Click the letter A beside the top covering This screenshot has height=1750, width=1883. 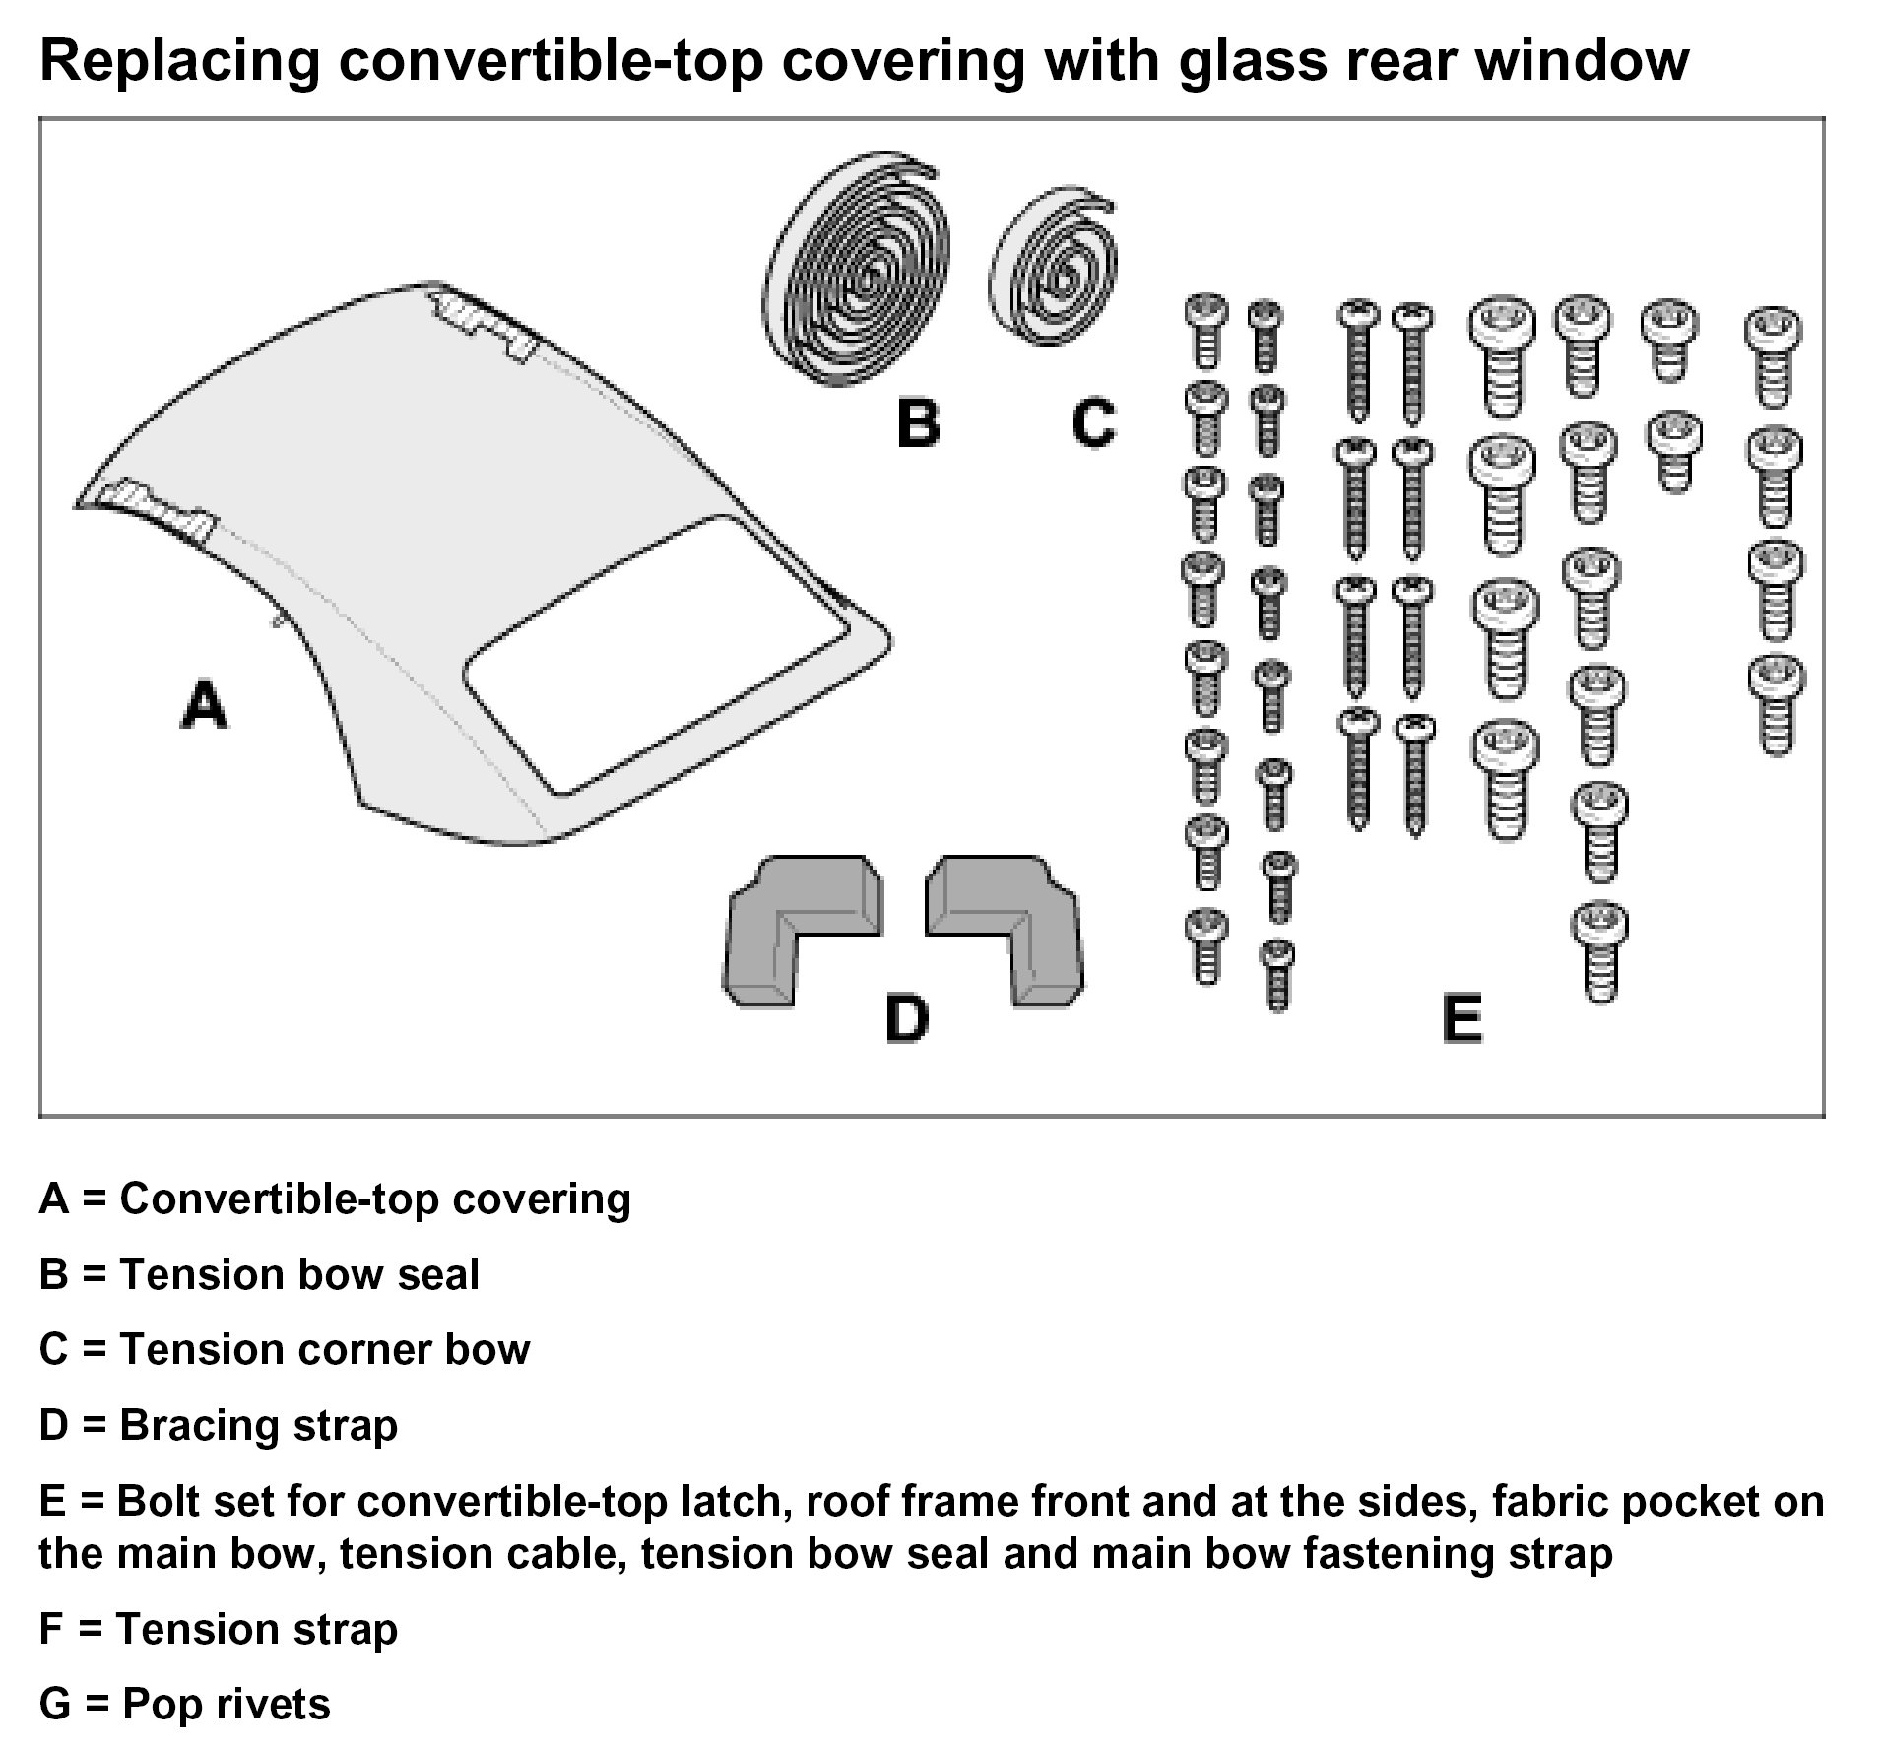[x=205, y=705]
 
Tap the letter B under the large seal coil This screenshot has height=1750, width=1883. [x=917, y=423]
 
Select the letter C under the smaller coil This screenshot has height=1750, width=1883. [x=1093, y=423]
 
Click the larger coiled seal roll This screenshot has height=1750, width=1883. [x=858, y=268]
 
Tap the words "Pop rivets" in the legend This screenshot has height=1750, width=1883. [x=226, y=1703]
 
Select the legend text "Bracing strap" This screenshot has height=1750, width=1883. [x=258, y=1425]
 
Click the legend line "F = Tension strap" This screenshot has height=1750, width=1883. [x=218, y=1628]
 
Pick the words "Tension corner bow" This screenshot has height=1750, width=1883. [x=324, y=1349]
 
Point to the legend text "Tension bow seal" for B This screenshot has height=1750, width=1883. [x=299, y=1274]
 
